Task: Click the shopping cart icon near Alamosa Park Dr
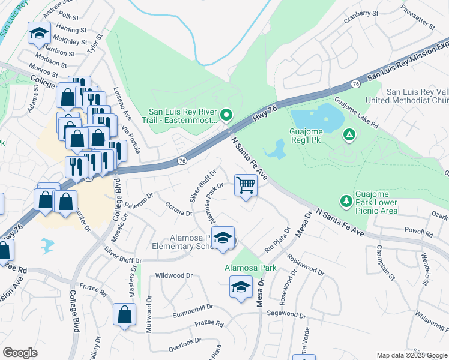coord(246,185)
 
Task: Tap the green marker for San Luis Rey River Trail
coord(226,114)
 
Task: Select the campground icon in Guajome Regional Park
coord(348,134)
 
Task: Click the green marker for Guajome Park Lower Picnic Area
coord(346,200)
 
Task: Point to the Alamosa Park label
coord(250,268)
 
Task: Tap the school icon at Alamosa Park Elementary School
coord(223,239)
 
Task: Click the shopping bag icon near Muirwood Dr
coord(124,315)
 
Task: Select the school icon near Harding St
coord(39,34)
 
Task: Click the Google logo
coord(20,353)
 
